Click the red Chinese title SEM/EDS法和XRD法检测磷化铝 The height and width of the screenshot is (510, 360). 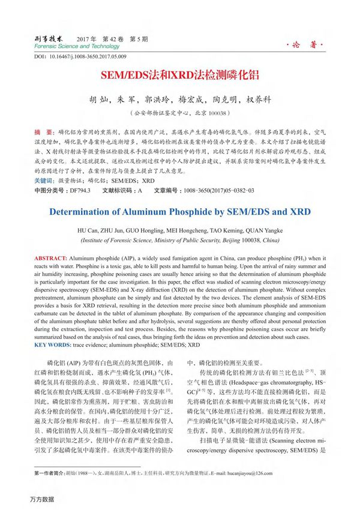point(179,77)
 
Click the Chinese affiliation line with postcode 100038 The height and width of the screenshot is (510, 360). point(179,113)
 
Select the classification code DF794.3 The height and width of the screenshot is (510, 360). point(80,190)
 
